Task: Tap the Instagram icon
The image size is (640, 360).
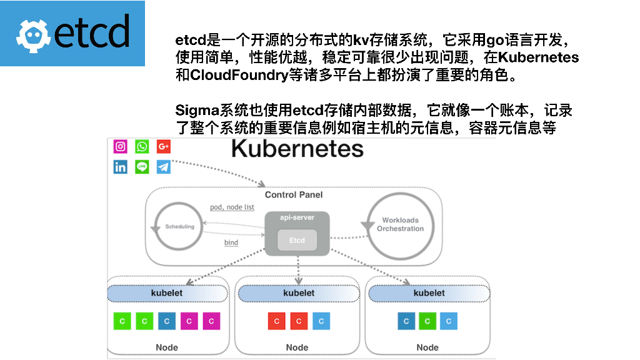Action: [121, 146]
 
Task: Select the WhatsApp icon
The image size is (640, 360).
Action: [142, 146]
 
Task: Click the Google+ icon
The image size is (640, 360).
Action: [164, 146]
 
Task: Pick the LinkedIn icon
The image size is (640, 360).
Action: [121, 167]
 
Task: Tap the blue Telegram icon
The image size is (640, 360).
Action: [164, 167]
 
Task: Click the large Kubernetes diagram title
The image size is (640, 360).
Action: [297, 149]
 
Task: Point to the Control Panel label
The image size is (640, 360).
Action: [294, 195]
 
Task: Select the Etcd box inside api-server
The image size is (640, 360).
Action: [297, 240]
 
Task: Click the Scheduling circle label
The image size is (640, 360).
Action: [179, 226]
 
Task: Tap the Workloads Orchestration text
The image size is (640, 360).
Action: [400, 224]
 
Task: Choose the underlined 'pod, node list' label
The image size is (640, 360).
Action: [232, 207]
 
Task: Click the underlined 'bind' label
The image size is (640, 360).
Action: [231, 242]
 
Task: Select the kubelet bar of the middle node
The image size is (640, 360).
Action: [298, 293]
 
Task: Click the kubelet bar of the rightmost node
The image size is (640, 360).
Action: [429, 293]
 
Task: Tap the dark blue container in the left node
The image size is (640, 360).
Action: [166, 321]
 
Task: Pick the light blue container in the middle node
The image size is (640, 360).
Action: [321, 321]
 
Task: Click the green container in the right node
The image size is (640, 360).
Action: [427, 321]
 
